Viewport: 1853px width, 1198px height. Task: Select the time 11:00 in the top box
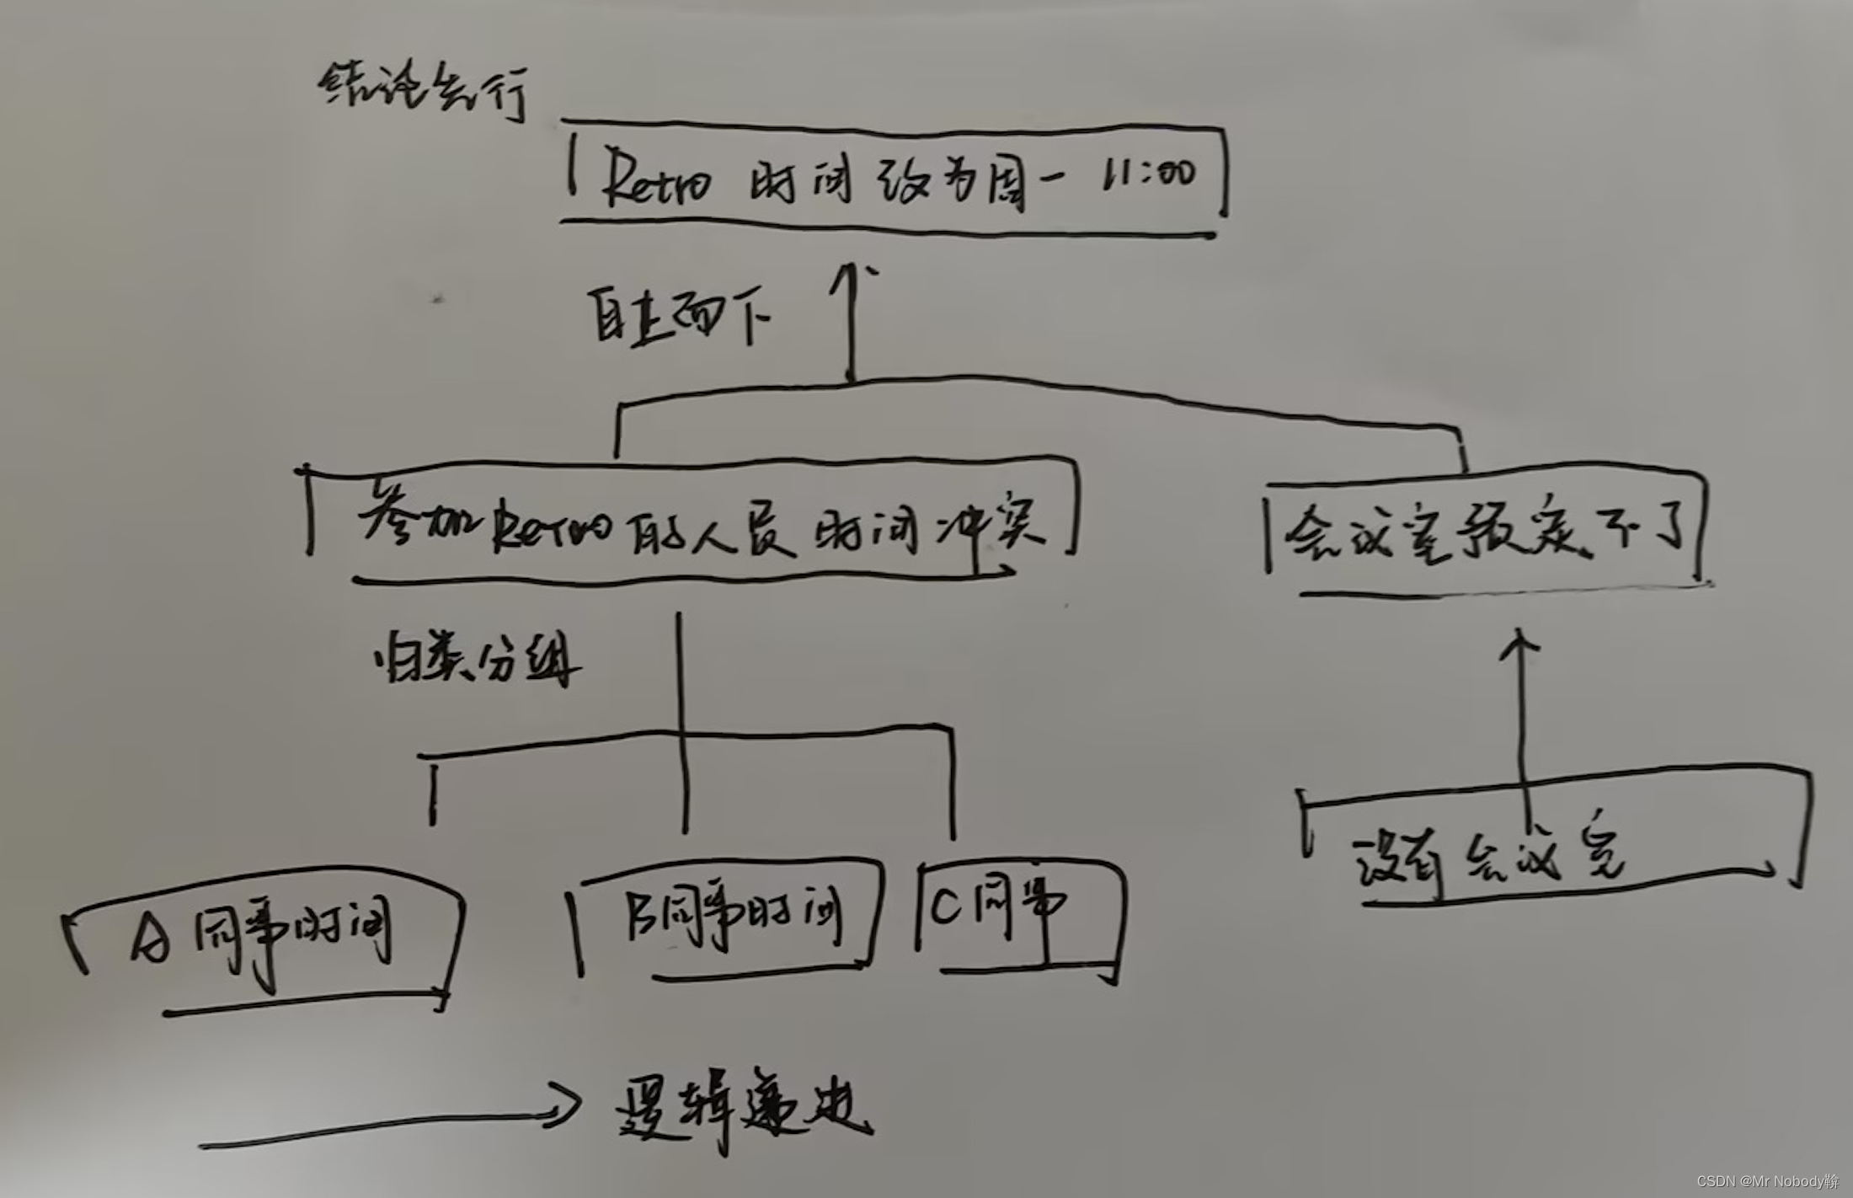[1151, 174]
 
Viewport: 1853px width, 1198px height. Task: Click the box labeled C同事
[1019, 918]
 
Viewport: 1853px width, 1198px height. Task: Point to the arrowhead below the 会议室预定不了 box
[1521, 644]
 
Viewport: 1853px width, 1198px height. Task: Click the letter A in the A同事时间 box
[152, 939]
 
